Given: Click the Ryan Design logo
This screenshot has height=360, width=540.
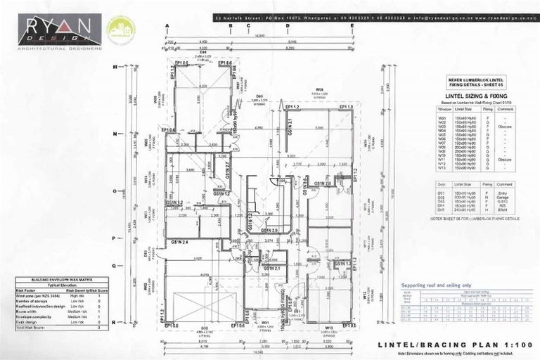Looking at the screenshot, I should [60, 31].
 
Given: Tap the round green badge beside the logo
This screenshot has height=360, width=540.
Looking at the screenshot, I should [120, 30].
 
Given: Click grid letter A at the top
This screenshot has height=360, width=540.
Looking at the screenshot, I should [168, 25].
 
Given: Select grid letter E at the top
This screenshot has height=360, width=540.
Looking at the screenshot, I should [352, 25].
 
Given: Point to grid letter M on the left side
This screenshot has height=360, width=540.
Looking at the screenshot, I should [115, 67].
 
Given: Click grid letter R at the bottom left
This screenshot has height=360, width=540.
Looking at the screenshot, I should [115, 321].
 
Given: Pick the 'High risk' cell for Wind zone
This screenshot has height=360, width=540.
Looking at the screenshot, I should [77, 296].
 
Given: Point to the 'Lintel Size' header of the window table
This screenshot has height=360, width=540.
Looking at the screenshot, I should [464, 109].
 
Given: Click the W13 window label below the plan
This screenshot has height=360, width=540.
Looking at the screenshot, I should [329, 328].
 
